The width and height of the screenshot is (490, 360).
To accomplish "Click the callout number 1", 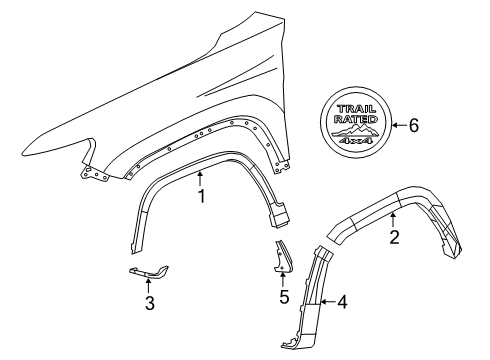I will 201,196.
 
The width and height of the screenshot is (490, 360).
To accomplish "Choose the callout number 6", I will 414,125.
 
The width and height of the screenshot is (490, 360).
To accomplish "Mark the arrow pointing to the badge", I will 398,125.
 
